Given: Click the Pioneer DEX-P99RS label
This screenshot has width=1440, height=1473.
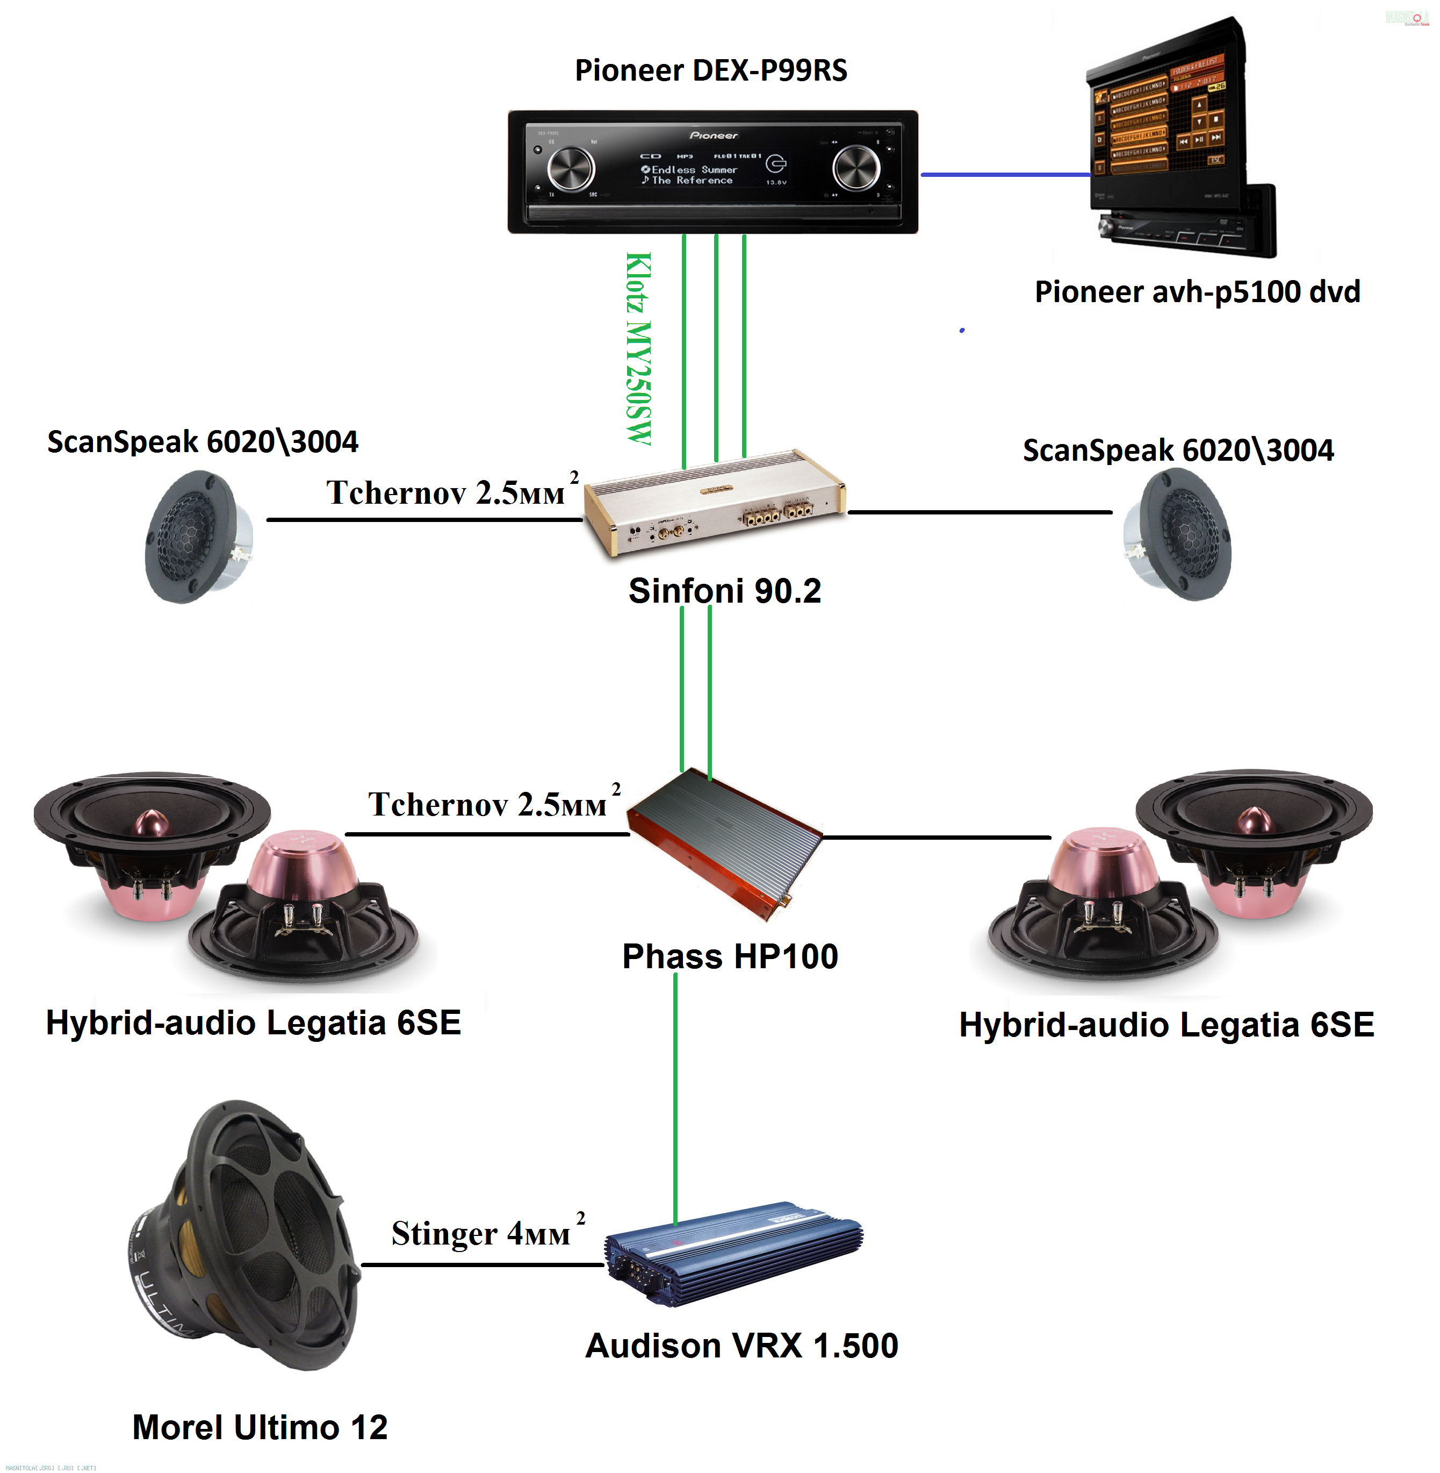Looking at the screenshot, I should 710,70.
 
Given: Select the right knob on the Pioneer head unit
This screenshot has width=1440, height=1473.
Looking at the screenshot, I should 855,168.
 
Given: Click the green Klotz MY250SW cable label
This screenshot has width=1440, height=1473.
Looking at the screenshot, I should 638,348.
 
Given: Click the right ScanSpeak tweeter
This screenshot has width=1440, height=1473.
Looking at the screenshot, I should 1178,534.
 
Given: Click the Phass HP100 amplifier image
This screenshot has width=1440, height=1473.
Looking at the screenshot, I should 724,843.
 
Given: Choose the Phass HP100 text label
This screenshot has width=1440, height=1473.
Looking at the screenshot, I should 730,956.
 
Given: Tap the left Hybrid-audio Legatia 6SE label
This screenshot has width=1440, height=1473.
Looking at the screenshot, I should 254,1023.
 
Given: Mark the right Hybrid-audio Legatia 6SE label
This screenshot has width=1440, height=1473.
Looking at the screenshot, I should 1166,1025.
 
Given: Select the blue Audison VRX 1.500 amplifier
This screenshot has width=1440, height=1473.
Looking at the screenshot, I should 733,1254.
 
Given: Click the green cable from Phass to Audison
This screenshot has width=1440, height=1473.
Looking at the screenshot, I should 675,1097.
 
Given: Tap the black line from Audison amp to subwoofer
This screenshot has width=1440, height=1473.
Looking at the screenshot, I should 482,1264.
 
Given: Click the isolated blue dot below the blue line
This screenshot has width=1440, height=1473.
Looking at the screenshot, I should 962,331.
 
